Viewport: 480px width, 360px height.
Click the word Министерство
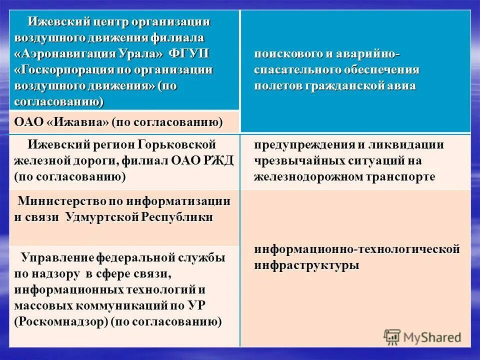coord(60,201)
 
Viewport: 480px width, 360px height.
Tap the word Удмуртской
coord(102,217)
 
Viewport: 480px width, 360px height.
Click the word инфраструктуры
coord(306,265)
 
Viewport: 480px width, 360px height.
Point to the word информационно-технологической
coord(356,249)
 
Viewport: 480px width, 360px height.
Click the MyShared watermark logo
coord(422,337)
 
